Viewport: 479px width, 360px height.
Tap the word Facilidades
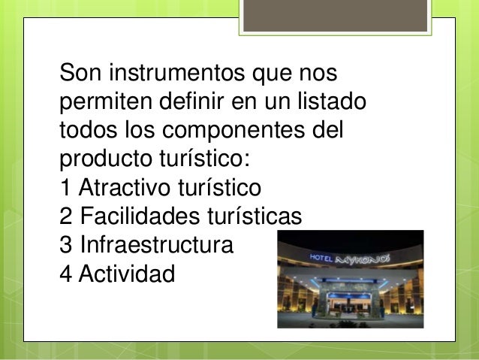click(x=138, y=216)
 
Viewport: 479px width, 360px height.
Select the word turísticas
click(x=253, y=216)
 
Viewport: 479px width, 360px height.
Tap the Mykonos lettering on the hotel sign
click(x=366, y=258)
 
